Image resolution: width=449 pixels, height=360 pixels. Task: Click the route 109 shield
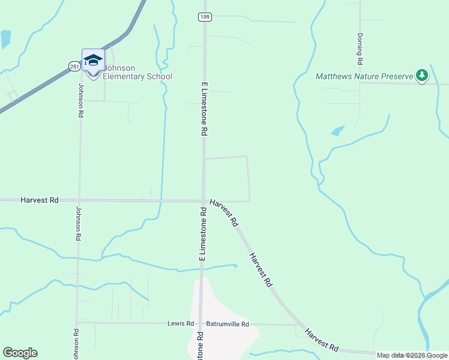205,17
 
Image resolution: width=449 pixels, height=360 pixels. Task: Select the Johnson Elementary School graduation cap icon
93,60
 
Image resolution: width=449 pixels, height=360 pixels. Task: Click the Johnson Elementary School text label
137,72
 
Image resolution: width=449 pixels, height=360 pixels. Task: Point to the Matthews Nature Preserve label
364,76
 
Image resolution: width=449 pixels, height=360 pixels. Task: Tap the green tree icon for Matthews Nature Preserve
423,74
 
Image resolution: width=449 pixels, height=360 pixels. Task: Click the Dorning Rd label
360,49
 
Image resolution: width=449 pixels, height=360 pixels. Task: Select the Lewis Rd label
181,323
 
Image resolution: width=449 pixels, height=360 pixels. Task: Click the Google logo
20,353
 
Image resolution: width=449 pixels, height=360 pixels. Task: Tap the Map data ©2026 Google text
412,355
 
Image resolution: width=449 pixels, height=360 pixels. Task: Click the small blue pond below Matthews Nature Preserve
337,130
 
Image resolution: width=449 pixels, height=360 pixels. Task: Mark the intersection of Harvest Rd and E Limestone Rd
203,201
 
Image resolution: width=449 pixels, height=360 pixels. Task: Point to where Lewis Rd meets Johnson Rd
76,323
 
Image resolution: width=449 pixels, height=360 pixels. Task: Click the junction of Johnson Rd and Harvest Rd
79,200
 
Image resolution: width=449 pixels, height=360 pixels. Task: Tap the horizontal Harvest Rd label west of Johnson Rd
39,200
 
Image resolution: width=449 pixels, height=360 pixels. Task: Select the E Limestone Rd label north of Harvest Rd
204,109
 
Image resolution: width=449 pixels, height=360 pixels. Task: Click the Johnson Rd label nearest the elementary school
80,99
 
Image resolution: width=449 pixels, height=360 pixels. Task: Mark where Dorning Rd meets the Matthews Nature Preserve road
361,82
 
